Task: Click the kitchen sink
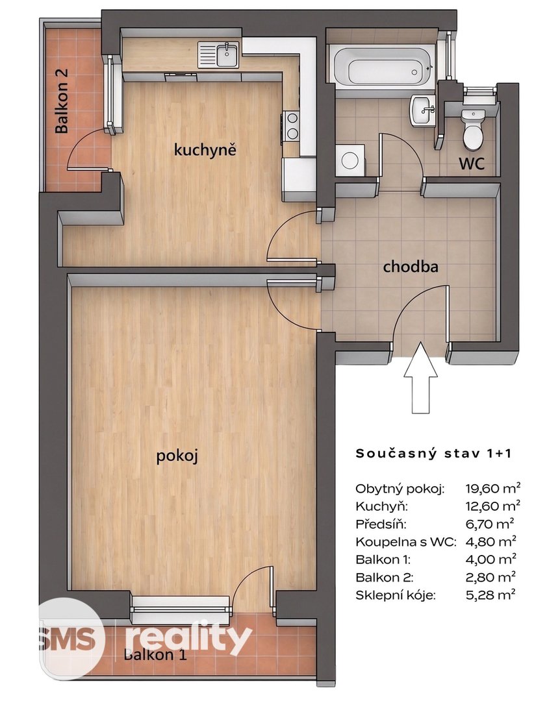[x=219, y=54]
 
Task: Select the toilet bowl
[x=473, y=129]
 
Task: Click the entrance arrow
[x=420, y=377]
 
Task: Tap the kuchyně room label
[x=205, y=149]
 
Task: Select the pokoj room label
[x=177, y=456]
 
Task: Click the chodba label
[x=410, y=267]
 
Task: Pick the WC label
[x=472, y=164]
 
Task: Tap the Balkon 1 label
[x=155, y=655]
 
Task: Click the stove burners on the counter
[x=292, y=126]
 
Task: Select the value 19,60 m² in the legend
[x=492, y=487]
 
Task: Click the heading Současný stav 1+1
[x=433, y=453]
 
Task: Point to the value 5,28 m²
[x=490, y=595]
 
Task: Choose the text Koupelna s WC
[x=405, y=542]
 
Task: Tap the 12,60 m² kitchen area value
[x=492, y=506]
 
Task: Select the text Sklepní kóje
[x=395, y=595]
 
